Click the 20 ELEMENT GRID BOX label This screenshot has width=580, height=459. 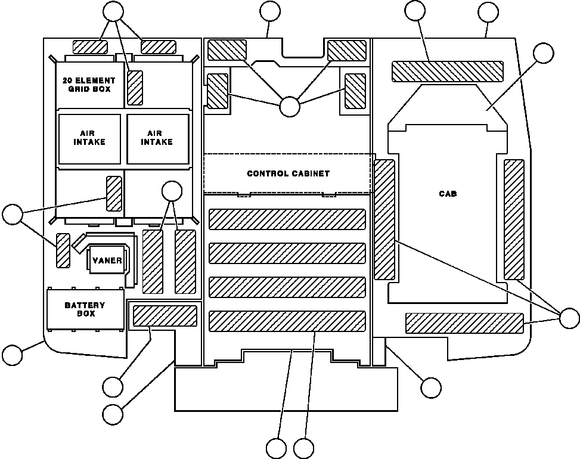pyautogui.click(x=88, y=84)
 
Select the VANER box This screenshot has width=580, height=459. pyautogui.click(x=107, y=260)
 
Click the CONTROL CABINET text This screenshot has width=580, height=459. pyautogui.click(x=288, y=173)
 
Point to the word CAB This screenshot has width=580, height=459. pyautogui.click(x=448, y=194)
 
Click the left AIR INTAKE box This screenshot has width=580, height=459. pyautogui.click(x=89, y=138)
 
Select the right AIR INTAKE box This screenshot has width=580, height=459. pyautogui.click(x=157, y=138)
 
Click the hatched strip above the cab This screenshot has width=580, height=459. pyautogui.click(x=447, y=71)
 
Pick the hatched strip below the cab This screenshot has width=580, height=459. pyautogui.click(x=464, y=322)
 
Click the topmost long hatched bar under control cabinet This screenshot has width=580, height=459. pyautogui.click(x=287, y=219)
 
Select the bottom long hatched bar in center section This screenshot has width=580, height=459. pyautogui.click(x=287, y=321)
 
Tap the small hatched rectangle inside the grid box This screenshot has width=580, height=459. pyautogui.click(x=135, y=87)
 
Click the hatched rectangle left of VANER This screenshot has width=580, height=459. pyautogui.click(x=63, y=250)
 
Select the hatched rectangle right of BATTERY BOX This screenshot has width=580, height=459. pyautogui.click(x=165, y=315)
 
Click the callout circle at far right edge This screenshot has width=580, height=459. pyautogui.click(x=569, y=318)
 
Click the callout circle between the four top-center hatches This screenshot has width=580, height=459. pyautogui.click(x=290, y=107)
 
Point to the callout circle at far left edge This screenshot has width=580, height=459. pyautogui.click(x=12, y=215)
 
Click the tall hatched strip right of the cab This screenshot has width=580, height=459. pyautogui.click(x=514, y=219)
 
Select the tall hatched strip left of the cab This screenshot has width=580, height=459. pyautogui.click(x=384, y=219)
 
